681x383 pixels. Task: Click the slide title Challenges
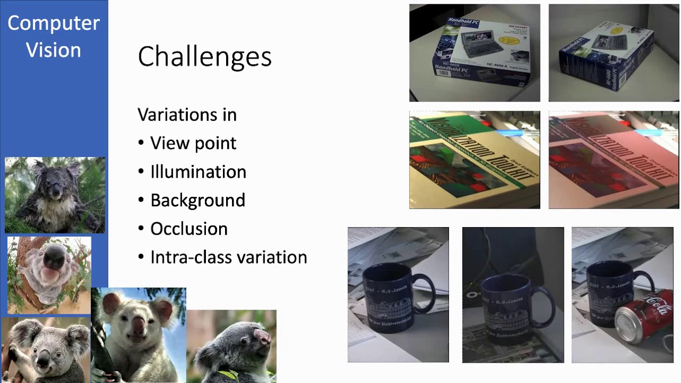(x=204, y=56)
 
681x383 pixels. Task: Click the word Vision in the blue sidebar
(x=53, y=50)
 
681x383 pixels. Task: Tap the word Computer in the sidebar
(x=53, y=23)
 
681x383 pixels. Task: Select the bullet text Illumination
(x=198, y=172)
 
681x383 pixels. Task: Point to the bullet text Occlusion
(x=189, y=229)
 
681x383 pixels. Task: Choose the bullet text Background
(x=197, y=201)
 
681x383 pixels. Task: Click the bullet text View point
(x=193, y=144)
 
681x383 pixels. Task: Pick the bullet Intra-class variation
(x=228, y=257)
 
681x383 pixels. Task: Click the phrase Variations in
(x=187, y=115)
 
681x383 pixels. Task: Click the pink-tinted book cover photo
(x=613, y=160)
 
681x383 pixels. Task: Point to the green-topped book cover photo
(x=474, y=160)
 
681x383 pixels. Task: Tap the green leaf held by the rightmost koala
(x=229, y=374)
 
